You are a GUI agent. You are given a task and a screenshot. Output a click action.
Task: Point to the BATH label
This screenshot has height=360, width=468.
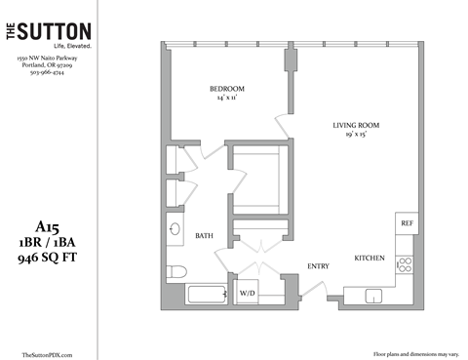(204, 236)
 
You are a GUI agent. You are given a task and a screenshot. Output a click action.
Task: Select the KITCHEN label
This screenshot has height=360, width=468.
(370, 259)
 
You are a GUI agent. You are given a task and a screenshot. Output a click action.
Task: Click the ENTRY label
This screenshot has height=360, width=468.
(318, 265)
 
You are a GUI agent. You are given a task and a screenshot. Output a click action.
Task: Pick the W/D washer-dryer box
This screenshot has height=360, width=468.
(247, 292)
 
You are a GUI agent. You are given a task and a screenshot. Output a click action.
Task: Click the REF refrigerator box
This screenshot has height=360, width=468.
(407, 223)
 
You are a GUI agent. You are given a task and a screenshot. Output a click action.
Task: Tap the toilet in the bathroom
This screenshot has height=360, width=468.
(175, 270)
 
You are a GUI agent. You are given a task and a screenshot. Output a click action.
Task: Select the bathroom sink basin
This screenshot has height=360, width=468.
(174, 231)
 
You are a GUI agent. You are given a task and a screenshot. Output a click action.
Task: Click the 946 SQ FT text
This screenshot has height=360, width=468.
(49, 259)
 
